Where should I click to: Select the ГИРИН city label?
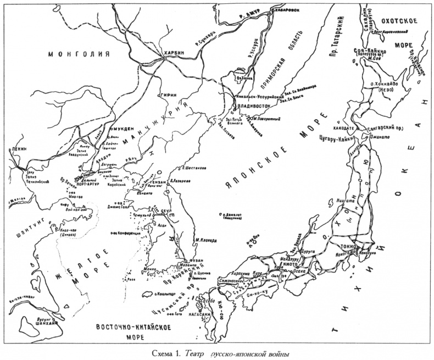(168, 95)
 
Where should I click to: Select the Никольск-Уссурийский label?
(260, 95)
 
